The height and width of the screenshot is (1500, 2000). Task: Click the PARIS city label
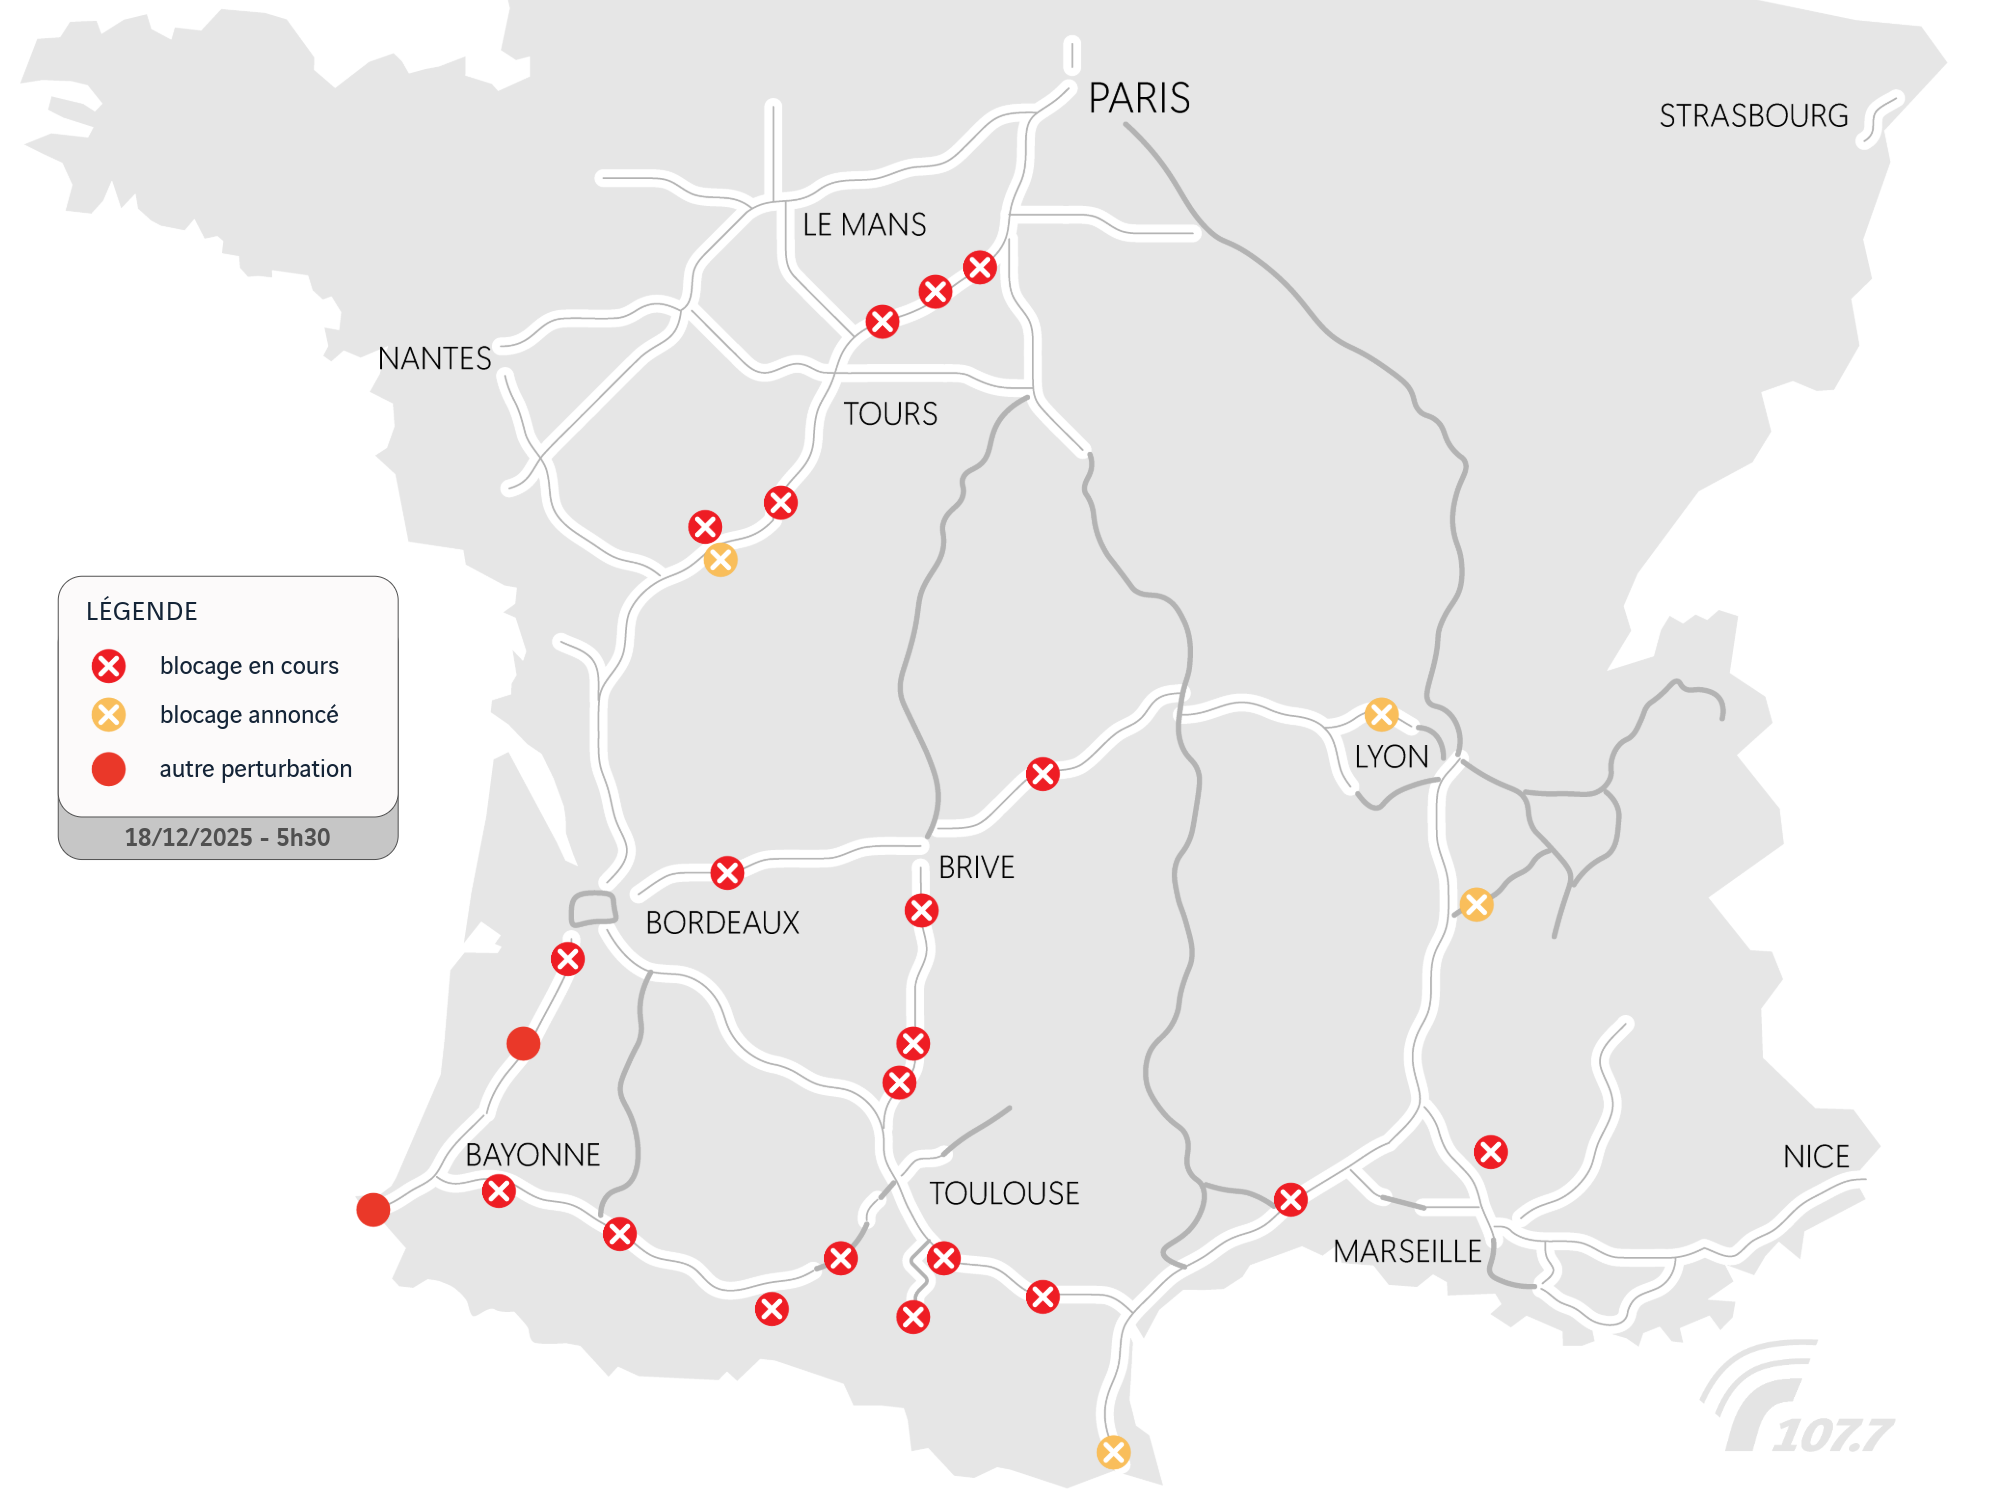tap(1139, 99)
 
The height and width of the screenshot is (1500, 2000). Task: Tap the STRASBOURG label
tap(1753, 116)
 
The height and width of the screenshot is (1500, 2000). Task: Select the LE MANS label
tap(864, 225)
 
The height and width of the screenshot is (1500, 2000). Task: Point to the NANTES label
tap(434, 358)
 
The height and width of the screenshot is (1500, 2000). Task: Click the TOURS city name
tap(890, 414)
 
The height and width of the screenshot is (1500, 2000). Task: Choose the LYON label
tap(1391, 757)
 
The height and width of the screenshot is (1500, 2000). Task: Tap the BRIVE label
tap(976, 867)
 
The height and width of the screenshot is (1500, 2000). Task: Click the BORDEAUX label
tap(722, 922)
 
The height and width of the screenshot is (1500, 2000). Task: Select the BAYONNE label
tap(532, 1155)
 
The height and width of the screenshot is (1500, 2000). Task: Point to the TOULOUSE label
tap(1004, 1193)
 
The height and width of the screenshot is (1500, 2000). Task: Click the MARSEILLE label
tap(1407, 1251)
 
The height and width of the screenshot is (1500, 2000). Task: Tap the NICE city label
tap(1816, 1157)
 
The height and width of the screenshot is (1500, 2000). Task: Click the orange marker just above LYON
tap(1381, 714)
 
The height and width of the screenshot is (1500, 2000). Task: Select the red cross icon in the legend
tap(109, 666)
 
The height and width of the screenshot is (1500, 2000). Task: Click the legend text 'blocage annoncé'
tap(249, 715)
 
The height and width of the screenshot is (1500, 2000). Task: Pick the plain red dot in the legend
tap(109, 769)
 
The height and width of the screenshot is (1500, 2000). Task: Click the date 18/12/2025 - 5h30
tap(227, 837)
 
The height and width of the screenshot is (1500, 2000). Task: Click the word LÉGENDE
tap(142, 611)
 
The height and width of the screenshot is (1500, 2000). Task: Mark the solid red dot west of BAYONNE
tap(373, 1209)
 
